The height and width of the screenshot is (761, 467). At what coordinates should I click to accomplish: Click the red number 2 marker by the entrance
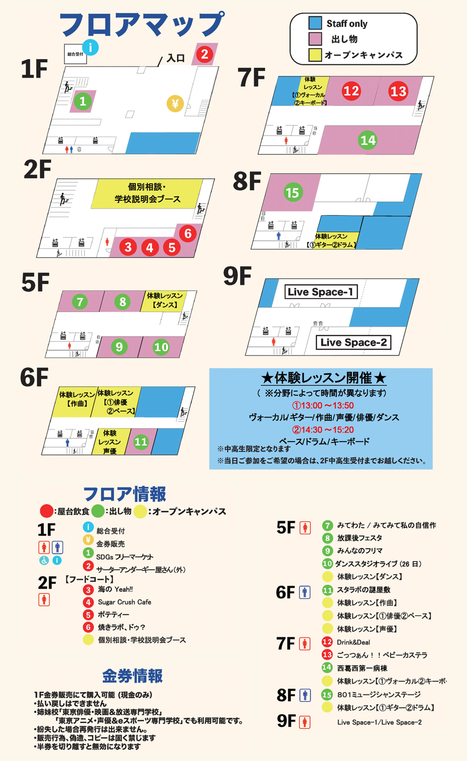[204, 54]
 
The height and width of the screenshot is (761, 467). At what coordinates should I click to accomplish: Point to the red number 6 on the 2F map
[188, 233]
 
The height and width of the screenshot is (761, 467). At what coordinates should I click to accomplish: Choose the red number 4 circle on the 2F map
[150, 248]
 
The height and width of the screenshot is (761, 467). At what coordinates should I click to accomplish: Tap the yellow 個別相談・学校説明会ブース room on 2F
[147, 193]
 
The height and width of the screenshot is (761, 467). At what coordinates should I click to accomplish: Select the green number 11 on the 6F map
[141, 442]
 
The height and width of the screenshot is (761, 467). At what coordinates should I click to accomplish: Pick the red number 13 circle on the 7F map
[398, 91]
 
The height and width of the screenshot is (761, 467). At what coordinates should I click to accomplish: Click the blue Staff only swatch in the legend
[315, 23]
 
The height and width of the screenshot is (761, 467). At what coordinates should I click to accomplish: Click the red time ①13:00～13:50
[323, 405]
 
